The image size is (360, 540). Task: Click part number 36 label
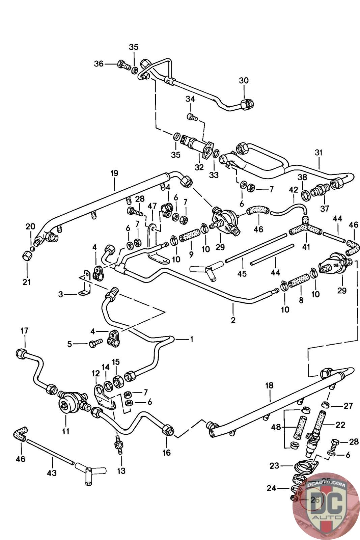coord(98,63)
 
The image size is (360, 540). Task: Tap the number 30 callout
coord(244,80)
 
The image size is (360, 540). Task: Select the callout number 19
coord(114,173)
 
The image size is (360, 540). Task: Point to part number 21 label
coord(27,282)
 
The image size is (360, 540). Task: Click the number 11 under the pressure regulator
coord(65,431)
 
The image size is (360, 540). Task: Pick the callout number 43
coord(52,473)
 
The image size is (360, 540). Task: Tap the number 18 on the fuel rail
coord(269,385)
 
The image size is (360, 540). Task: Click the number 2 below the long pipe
coord(233,320)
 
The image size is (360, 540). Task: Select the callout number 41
coord(306,247)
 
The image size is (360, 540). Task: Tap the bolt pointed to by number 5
coord(94,344)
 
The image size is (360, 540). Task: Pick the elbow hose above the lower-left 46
coord(21,434)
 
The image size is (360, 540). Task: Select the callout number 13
coord(121,470)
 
